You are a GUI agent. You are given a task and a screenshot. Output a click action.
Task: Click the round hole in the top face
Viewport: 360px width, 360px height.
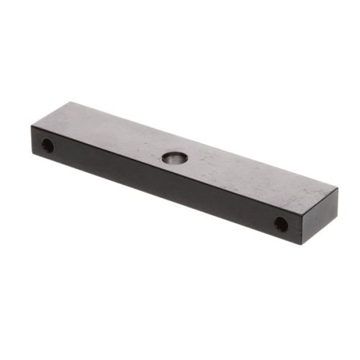click(x=173, y=157)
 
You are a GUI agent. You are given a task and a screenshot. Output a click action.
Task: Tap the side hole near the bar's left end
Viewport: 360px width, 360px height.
click(x=47, y=146)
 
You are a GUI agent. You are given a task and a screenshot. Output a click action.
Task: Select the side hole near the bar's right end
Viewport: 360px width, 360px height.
click(x=281, y=224)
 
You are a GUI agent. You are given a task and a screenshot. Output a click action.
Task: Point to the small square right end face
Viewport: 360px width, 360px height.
click(x=320, y=216)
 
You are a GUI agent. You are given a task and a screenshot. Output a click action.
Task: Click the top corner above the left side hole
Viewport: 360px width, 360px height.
click(x=32, y=127)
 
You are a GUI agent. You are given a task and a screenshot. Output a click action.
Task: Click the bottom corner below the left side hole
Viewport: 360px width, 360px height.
click(x=32, y=156)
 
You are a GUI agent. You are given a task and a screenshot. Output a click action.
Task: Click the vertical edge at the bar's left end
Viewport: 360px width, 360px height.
click(x=32, y=142)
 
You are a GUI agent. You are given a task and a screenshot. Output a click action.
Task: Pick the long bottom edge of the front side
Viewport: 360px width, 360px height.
click(x=166, y=200)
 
